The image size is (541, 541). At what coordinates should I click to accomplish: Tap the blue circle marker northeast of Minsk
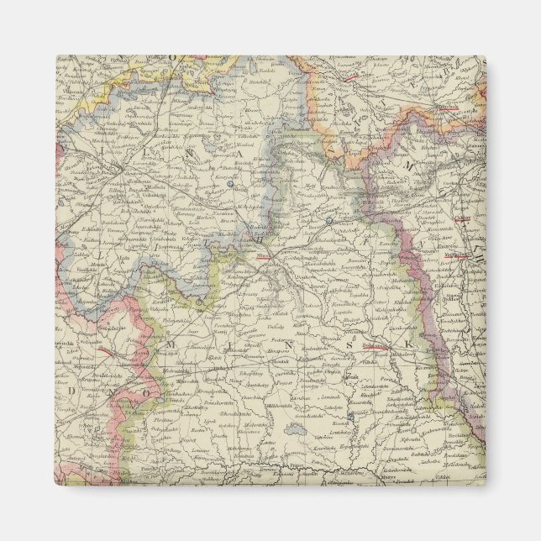click(330, 221)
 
